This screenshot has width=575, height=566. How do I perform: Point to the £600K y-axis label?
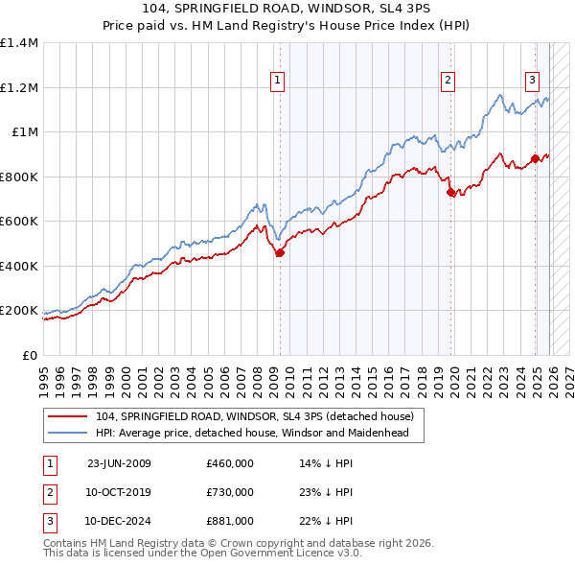click(19, 222)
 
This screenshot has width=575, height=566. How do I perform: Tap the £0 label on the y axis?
click(29, 356)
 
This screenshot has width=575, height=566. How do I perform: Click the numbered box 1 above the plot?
click(277, 81)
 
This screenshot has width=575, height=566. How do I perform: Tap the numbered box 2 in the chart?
click(448, 81)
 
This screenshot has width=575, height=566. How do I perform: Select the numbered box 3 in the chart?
click(532, 81)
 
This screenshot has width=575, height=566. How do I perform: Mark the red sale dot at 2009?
click(280, 253)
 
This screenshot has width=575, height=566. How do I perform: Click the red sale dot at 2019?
click(451, 193)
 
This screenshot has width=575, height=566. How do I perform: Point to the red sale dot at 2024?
click(536, 159)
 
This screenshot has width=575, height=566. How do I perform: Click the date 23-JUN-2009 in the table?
click(119, 463)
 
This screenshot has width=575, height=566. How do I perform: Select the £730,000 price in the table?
click(230, 492)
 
